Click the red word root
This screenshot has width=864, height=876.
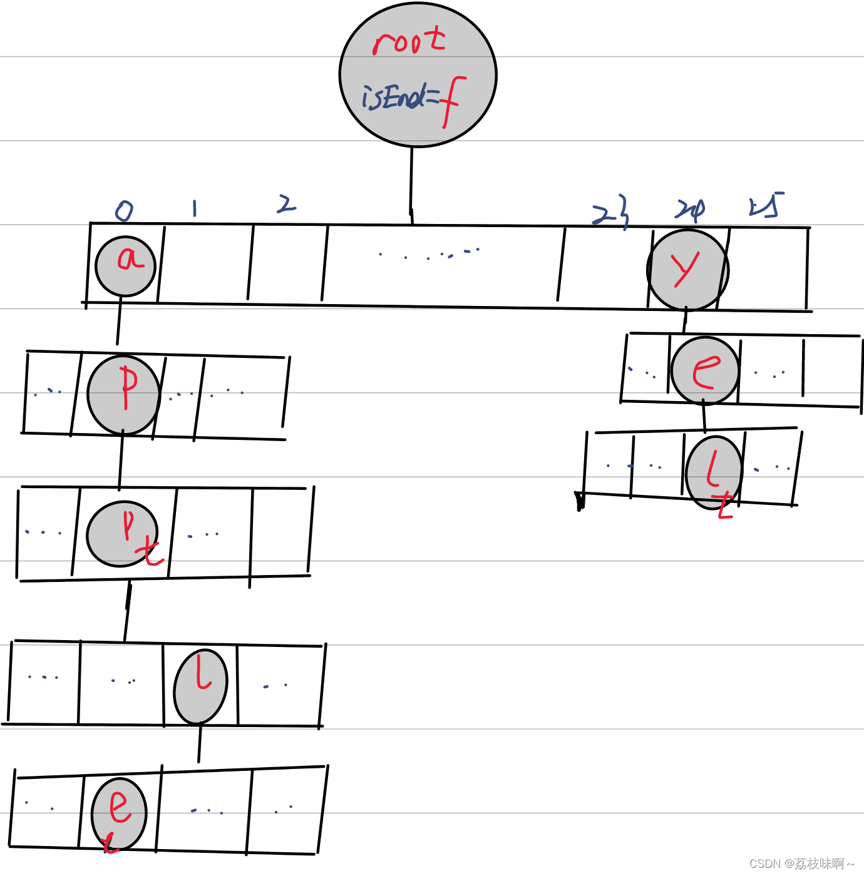pos(409,41)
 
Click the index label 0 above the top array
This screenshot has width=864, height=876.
pos(124,211)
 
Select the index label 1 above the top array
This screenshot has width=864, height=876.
pos(195,208)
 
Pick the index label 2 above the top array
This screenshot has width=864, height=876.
pos(286,204)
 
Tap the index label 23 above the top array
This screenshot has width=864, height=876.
pos(610,211)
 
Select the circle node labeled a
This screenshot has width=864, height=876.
pos(125,266)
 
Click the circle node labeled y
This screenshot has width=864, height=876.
pos(687,270)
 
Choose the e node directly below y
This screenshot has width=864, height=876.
pos(705,371)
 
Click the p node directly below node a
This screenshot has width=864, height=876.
pos(124,395)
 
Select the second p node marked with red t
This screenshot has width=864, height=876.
pos(123,534)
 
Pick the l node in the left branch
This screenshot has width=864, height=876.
pos(200,686)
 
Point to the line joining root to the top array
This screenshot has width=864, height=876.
pos(411,185)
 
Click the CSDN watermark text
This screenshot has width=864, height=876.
pos(802,863)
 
